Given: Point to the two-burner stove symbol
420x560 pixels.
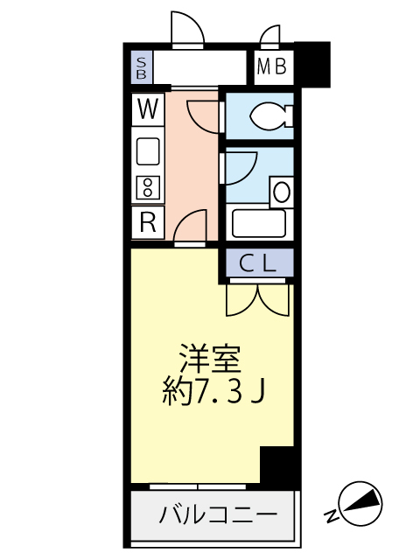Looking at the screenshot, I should pos(148,186).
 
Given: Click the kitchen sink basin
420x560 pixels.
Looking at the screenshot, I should pos(148,152).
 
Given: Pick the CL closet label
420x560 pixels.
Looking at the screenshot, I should pos(257,262).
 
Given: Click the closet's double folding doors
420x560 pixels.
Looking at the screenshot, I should pos(257,297).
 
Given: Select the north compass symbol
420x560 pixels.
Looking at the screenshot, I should pos(360,504).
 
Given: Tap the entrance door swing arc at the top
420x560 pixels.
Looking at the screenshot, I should pos(187,28).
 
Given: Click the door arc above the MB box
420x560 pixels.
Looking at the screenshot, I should pos(270,35).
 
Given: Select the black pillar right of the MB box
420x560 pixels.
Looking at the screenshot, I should pos(312,65).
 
